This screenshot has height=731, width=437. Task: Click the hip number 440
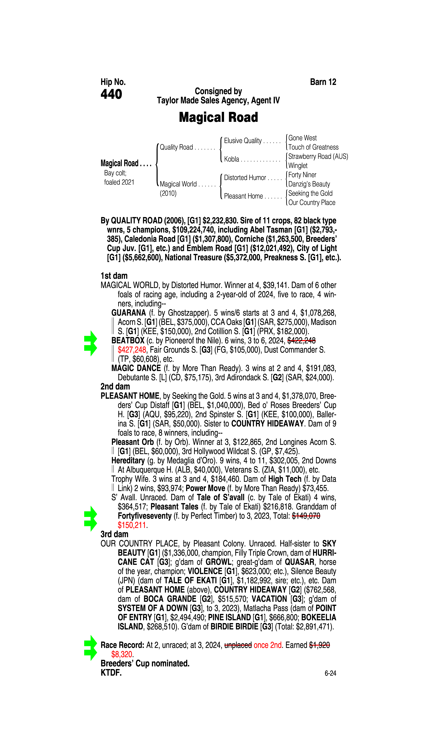coord(111,94)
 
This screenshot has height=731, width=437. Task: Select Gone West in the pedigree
coord(302,138)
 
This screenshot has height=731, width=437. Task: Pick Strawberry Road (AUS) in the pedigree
coord(318,156)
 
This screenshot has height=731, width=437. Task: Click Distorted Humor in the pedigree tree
coord(245,178)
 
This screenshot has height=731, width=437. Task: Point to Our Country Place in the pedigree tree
coord(312,203)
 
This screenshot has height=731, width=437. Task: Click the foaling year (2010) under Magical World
coord(168,193)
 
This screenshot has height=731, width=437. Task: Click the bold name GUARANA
coord(128,313)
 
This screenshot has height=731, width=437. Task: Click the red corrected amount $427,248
coord(132,350)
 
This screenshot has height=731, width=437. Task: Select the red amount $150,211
coord(132,525)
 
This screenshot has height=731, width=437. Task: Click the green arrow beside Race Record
coord(90,648)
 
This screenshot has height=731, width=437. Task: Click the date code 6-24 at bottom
coord(330,673)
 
